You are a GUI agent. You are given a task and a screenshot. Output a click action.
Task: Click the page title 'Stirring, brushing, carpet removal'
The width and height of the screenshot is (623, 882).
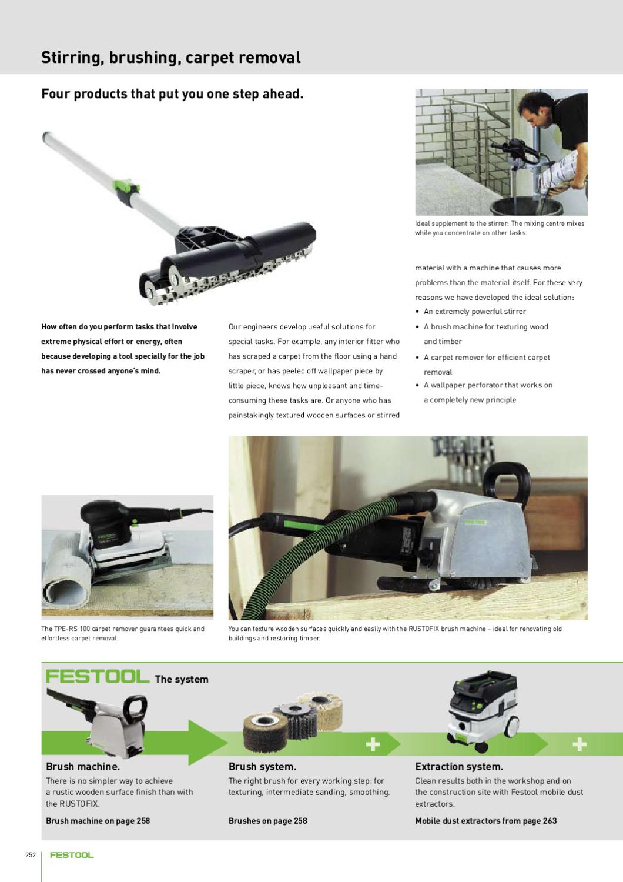[x=170, y=58]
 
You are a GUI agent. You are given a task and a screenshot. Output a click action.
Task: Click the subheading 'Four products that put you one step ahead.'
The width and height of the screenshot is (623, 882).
[x=172, y=94]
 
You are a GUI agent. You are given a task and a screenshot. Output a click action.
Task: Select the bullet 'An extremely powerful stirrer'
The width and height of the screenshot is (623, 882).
[x=474, y=312]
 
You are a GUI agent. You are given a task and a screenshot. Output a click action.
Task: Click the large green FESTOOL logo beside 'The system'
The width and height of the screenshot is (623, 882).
[x=97, y=677]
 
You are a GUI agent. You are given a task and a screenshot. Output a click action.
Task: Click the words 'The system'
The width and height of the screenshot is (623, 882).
[x=181, y=680]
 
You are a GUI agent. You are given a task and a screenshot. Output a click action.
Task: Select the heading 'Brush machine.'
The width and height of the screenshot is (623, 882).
[x=83, y=767]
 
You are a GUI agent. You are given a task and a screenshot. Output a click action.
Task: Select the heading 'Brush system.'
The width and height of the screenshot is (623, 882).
[x=262, y=767]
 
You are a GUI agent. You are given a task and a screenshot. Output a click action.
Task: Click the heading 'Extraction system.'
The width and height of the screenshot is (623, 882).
[x=459, y=767]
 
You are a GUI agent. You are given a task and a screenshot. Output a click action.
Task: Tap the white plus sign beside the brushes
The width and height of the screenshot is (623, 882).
[x=373, y=745]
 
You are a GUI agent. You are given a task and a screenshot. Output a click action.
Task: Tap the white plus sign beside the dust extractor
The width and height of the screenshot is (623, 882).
[x=579, y=745]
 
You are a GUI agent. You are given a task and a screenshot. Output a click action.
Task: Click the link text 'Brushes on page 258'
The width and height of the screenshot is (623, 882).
[x=267, y=821]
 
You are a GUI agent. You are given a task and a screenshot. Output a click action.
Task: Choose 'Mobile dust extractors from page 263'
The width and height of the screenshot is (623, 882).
[x=485, y=821]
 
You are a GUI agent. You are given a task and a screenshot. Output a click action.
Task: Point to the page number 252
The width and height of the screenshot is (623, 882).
[x=31, y=856]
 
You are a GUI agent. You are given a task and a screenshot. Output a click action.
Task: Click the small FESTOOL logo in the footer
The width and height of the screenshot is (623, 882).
[x=72, y=856]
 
